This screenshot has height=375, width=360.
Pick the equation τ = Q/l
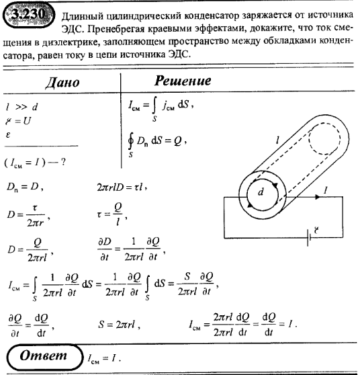coord(110,216)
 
